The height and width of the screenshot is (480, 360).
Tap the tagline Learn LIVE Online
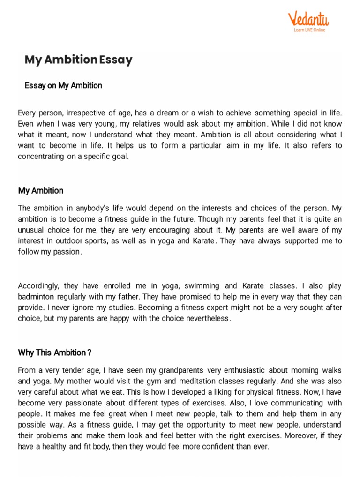pos(309,30)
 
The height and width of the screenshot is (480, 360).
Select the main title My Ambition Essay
pos(78,60)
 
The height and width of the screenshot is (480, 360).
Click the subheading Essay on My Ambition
pos(63,85)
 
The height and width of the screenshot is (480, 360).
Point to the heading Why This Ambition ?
pos(54,352)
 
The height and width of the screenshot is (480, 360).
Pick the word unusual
pos(32,230)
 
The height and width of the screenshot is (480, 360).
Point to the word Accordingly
pos(38,285)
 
